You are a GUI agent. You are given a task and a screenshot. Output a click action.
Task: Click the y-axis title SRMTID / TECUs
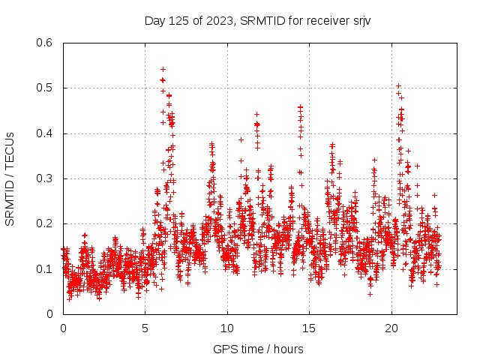10,178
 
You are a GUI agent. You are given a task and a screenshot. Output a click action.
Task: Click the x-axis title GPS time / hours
258,349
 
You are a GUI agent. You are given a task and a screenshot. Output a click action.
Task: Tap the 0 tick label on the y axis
50,314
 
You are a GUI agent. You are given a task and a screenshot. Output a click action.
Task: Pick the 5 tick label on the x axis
145,328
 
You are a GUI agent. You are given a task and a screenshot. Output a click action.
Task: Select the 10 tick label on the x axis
227,328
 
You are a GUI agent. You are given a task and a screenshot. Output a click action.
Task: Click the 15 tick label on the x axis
309,328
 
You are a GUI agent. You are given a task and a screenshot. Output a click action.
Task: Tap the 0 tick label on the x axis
63,328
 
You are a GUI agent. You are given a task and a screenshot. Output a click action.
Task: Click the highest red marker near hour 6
163,69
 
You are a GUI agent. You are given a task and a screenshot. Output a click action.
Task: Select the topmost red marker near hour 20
398,85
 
